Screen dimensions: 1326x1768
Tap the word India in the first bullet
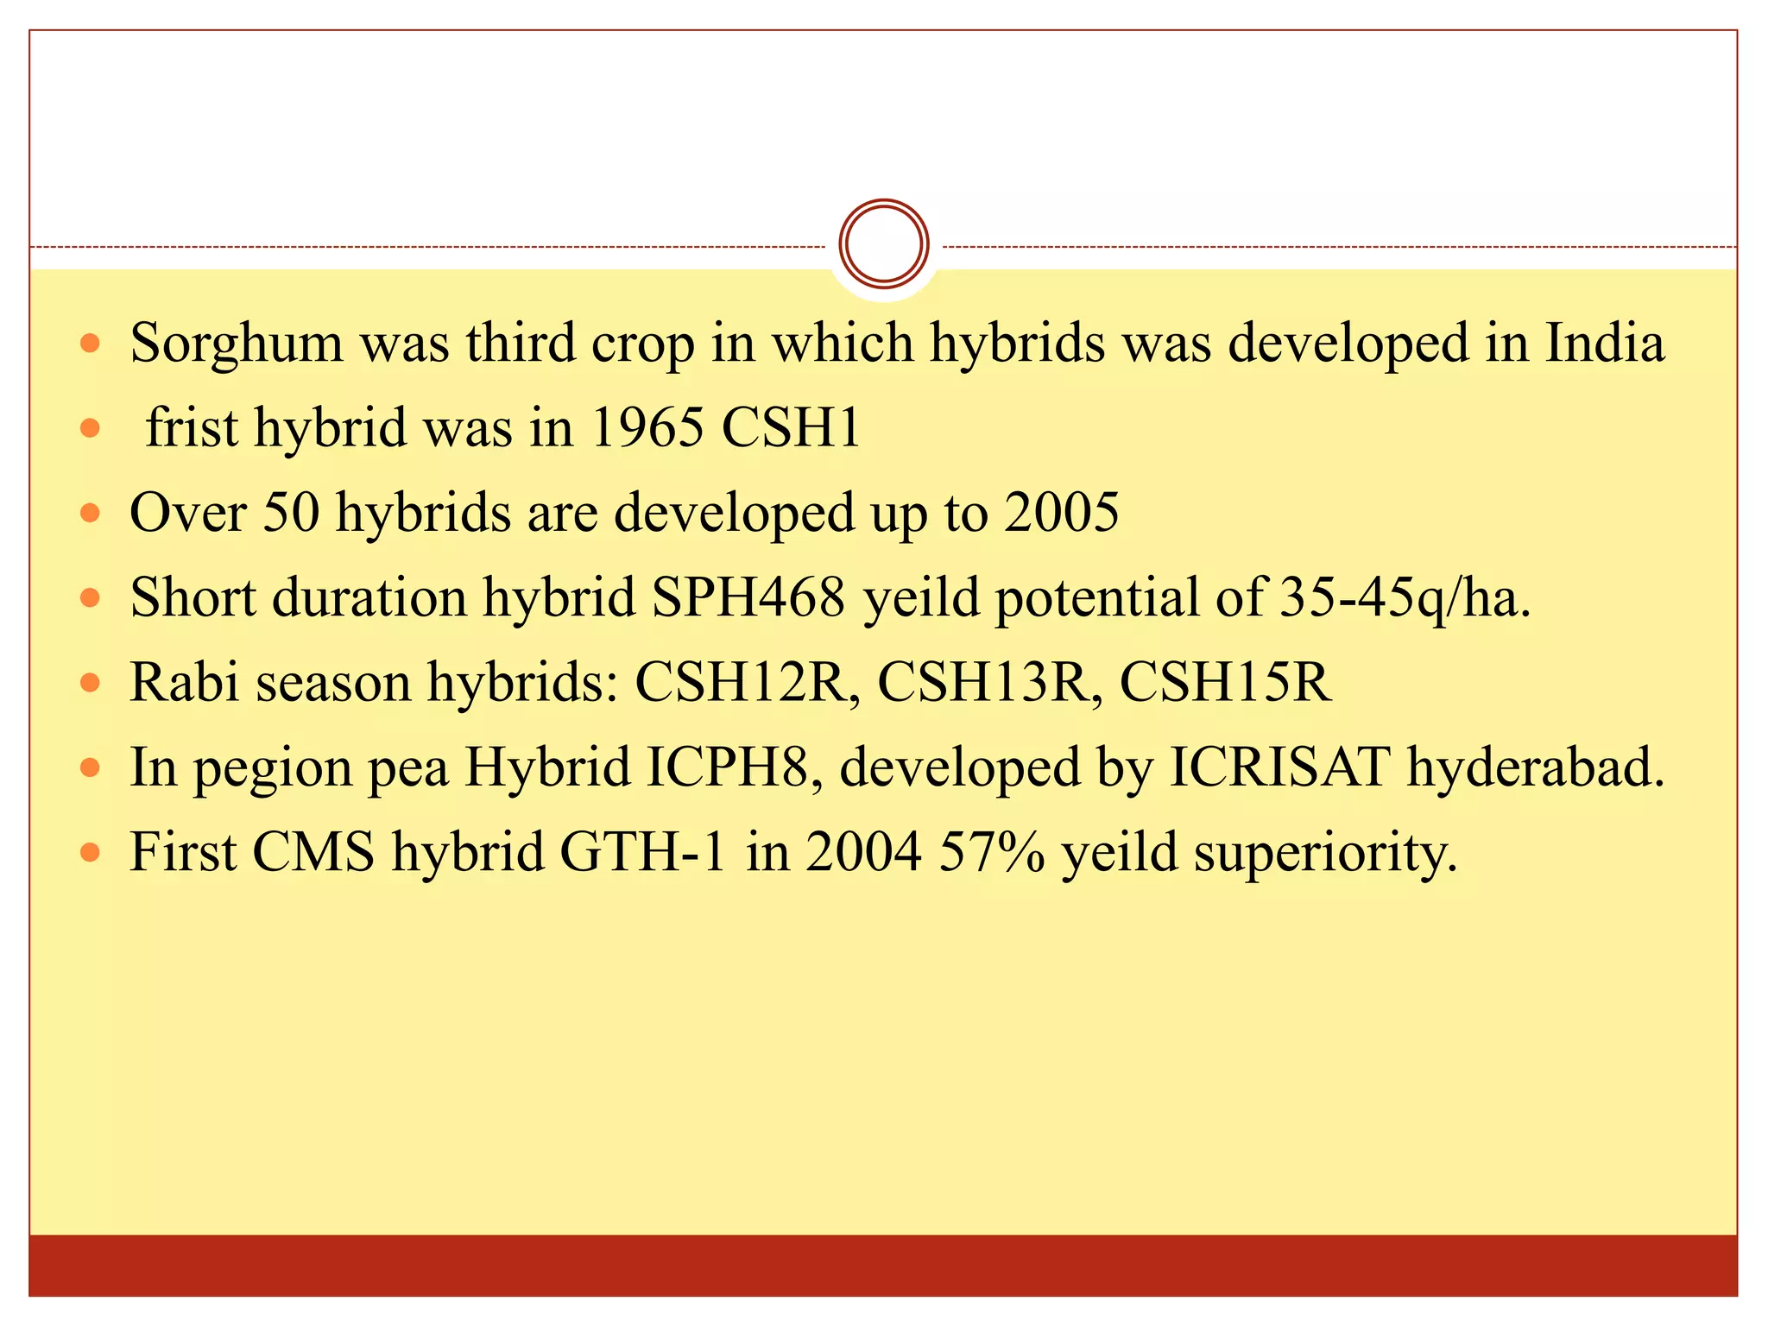point(1604,343)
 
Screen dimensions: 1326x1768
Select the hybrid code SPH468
point(748,597)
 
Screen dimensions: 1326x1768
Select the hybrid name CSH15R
point(1226,681)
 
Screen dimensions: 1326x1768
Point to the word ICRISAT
point(1279,767)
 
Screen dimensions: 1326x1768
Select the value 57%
point(991,851)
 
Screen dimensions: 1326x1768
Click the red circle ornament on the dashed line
point(883,244)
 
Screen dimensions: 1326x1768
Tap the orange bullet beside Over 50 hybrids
point(90,513)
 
